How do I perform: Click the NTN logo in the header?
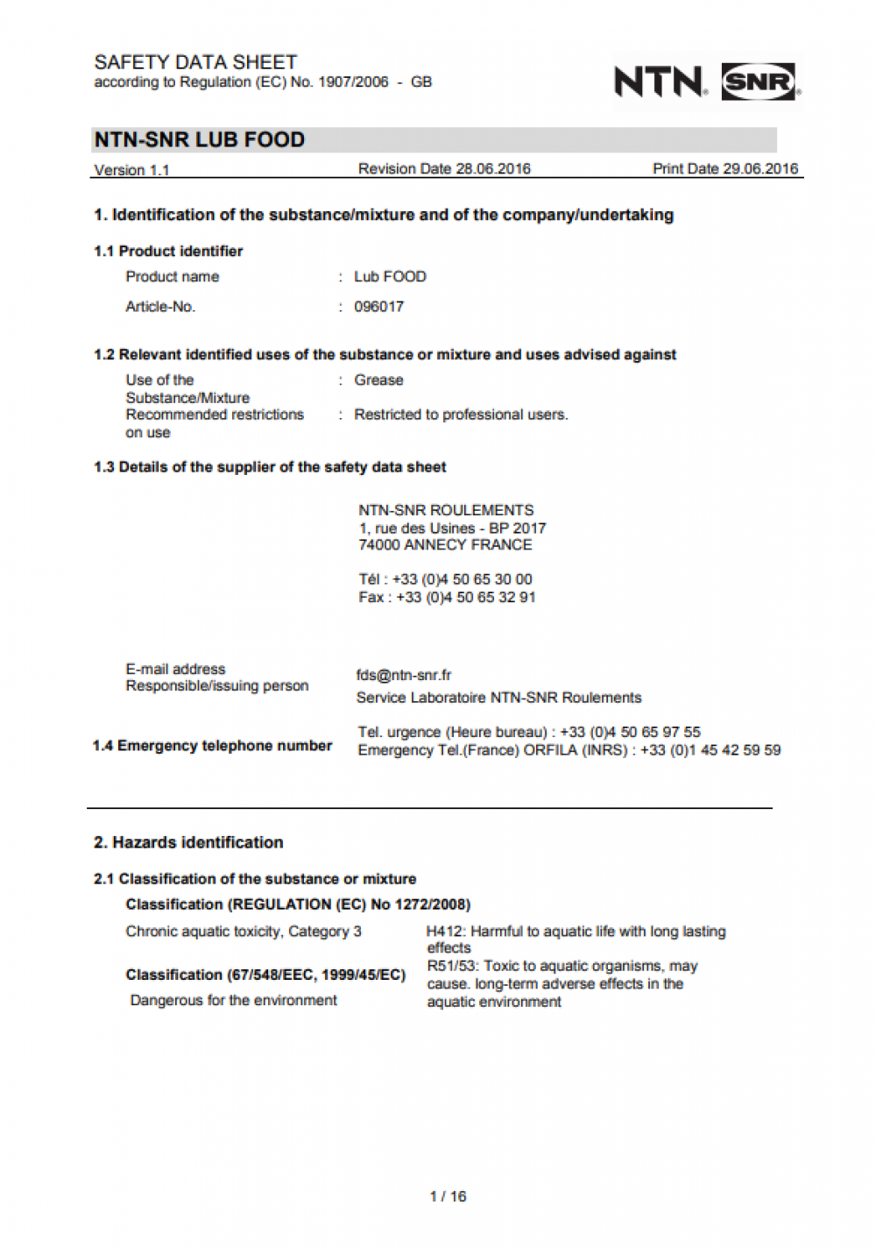[660, 82]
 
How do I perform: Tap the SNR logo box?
[759, 82]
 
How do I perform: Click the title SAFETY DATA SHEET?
[195, 62]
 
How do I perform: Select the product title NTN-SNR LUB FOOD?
[200, 140]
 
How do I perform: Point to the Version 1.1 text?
[131, 170]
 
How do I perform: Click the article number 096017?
[378, 307]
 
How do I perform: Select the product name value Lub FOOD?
[390, 277]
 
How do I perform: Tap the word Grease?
[378, 380]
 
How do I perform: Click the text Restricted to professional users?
[461, 415]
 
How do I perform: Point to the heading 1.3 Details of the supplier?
[270, 467]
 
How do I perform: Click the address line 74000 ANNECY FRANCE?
[445, 545]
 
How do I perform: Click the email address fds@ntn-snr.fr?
[404, 675]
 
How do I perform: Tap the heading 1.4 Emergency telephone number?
[212, 746]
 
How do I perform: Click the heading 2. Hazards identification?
[188, 842]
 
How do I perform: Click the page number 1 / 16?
[448, 1196]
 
